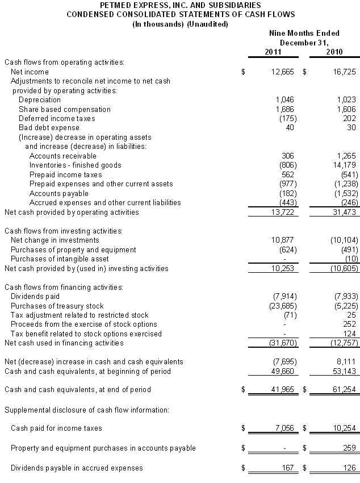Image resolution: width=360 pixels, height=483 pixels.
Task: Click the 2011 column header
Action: tap(273, 52)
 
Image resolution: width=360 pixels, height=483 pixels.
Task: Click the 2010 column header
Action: tap(336, 52)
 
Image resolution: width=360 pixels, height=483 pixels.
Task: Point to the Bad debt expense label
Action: tap(49, 127)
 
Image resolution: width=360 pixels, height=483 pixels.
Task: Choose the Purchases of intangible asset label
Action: tap(65, 259)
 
